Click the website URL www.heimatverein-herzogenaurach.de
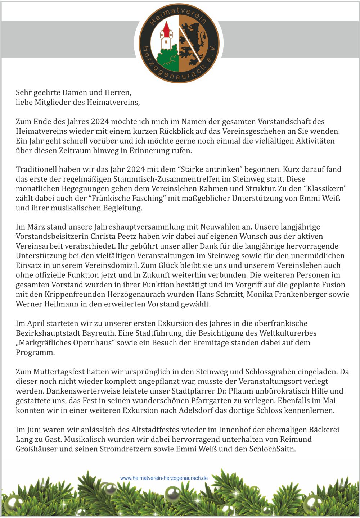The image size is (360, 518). click(x=164, y=478)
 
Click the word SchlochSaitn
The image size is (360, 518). click(x=272, y=449)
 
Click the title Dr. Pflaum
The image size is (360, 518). click(x=233, y=391)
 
